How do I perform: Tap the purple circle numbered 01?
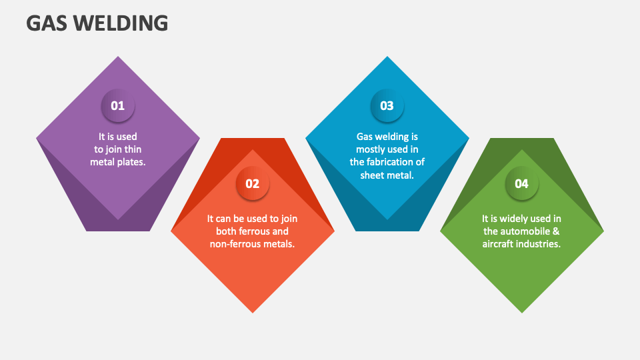click(x=118, y=105)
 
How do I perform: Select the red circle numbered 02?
click(x=253, y=183)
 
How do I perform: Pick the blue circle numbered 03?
click(x=387, y=105)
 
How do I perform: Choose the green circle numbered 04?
click(x=522, y=183)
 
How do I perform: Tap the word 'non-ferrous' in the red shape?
click(x=235, y=244)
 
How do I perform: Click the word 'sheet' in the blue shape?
click(x=373, y=175)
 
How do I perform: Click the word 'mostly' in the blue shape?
click(x=372, y=149)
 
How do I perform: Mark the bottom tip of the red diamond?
click(x=253, y=313)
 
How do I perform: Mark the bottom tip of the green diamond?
click(x=522, y=313)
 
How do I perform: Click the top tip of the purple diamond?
click(x=118, y=57)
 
